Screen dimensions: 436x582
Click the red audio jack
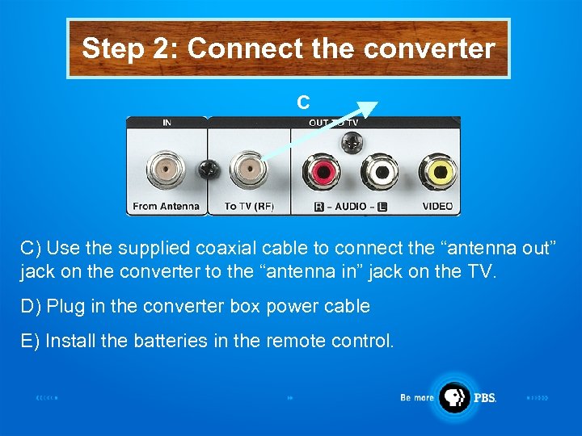321,172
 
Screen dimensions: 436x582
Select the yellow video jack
436,172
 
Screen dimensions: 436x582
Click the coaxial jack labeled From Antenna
166,170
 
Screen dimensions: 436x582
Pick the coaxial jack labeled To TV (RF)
248,170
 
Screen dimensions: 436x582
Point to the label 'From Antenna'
166,206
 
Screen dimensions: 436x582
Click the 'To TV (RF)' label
249,206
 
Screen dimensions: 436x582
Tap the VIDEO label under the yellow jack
437,206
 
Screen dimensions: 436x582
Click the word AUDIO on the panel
350,206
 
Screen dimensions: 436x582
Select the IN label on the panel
167,123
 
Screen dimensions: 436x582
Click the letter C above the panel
302,103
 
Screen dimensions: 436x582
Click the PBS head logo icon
454,396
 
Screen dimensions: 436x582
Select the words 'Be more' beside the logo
417,397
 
